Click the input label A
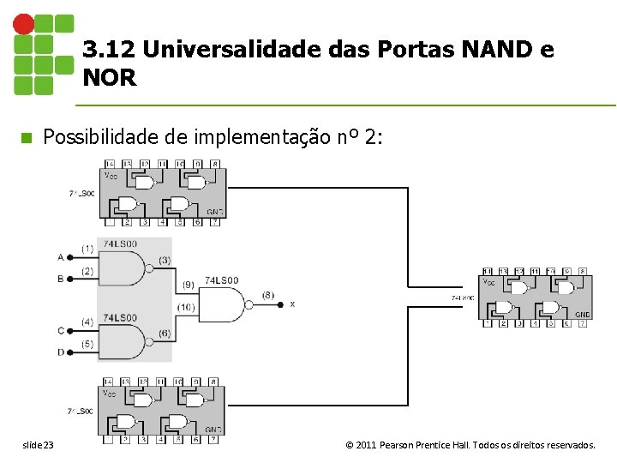[x=60, y=256]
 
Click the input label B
[x=60, y=279]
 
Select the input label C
[x=60, y=330]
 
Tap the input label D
[x=60, y=352]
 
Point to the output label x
[x=292, y=304]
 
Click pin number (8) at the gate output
[x=268, y=295]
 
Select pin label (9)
[x=188, y=285]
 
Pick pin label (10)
[x=186, y=307]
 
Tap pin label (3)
[x=164, y=260]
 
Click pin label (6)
[x=164, y=334]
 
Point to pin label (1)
[x=87, y=249]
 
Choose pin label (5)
[x=87, y=345]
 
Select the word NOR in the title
[x=110, y=78]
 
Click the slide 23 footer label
[x=38, y=445]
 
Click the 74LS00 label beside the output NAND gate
[x=222, y=280]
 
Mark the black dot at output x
[x=280, y=304]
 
